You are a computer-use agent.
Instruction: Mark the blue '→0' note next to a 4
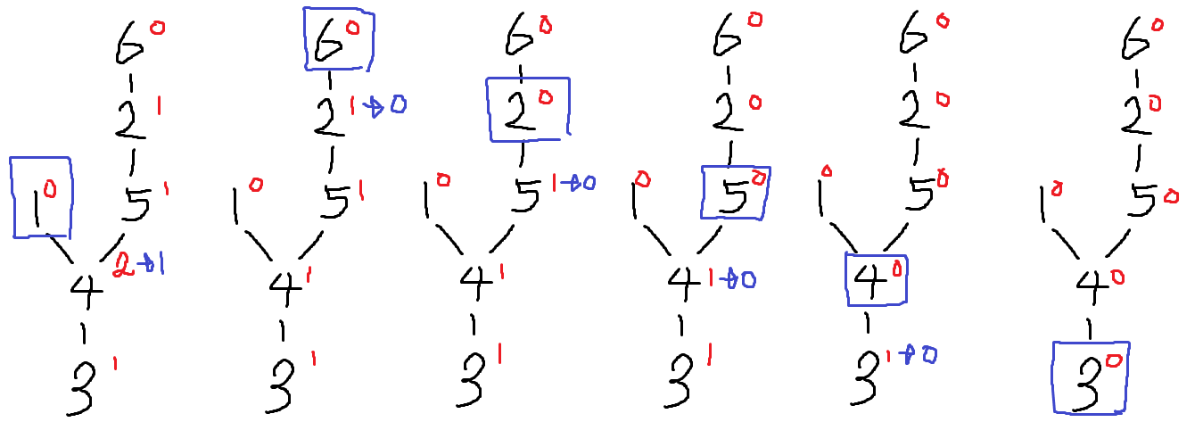[x=742, y=279]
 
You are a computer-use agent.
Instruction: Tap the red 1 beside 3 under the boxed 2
[x=500, y=355]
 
